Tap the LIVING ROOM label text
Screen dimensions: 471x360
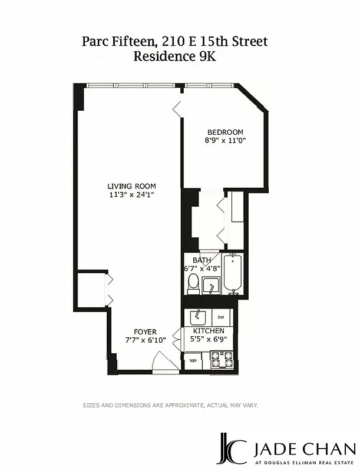[x=131, y=186]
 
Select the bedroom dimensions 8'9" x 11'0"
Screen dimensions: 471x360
[x=225, y=141]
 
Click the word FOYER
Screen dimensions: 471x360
[x=145, y=332]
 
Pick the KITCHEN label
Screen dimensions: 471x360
[x=209, y=331]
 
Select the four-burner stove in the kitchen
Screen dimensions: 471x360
[x=222, y=358]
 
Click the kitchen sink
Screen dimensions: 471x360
[x=196, y=317]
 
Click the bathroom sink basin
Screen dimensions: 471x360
[x=211, y=287]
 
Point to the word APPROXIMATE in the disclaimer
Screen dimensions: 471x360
[x=176, y=405]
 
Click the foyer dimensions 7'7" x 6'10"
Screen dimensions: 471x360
[x=145, y=340]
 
